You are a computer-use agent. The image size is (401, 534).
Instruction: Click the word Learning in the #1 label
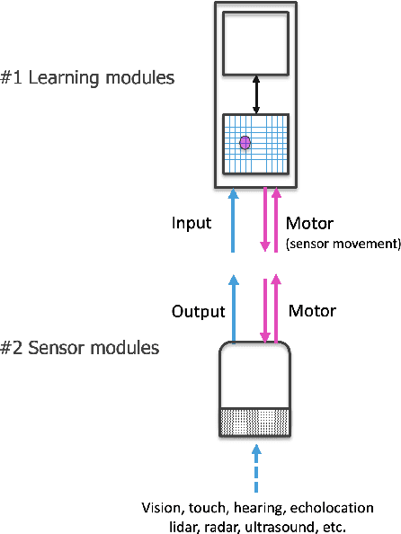click(x=67, y=77)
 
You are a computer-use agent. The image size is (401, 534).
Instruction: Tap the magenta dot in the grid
click(x=245, y=142)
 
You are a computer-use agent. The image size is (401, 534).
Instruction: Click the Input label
click(x=191, y=222)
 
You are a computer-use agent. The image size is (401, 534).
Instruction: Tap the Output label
click(x=197, y=311)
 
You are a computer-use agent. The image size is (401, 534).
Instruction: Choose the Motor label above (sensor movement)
click(x=310, y=222)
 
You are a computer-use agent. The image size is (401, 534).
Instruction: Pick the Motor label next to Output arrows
click(x=312, y=311)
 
